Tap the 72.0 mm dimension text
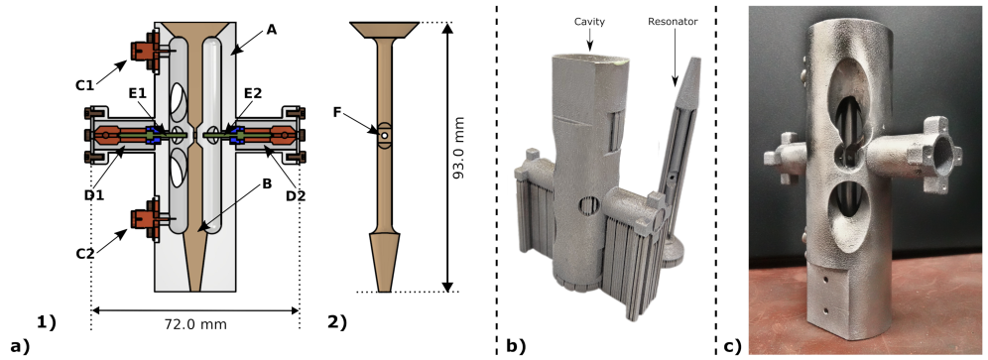pyautogui.click(x=196, y=324)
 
